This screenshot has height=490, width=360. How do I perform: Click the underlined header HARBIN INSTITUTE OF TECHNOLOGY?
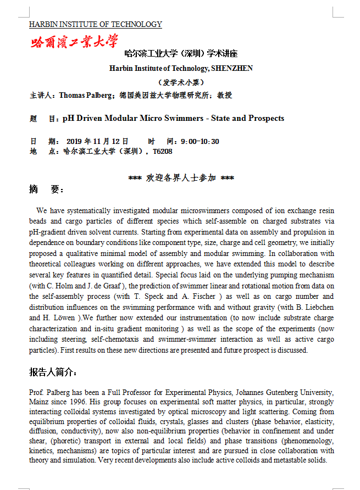click(96, 24)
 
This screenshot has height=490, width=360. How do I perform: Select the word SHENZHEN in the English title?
click(232, 68)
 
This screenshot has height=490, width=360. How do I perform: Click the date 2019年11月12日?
click(97, 141)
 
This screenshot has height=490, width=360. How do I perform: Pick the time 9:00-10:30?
click(200, 141)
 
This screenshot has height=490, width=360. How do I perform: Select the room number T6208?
click(163, 151)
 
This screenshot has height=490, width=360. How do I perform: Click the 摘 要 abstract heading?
click(47, 190)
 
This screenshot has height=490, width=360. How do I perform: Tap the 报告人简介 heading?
click(53, 372)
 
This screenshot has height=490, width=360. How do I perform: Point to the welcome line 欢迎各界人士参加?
click(181, 178)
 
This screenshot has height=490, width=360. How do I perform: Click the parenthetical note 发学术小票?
click(181, 82)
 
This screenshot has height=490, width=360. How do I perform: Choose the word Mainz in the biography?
click(39, 402)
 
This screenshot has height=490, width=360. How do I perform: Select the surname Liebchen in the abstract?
click(317, 307)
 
